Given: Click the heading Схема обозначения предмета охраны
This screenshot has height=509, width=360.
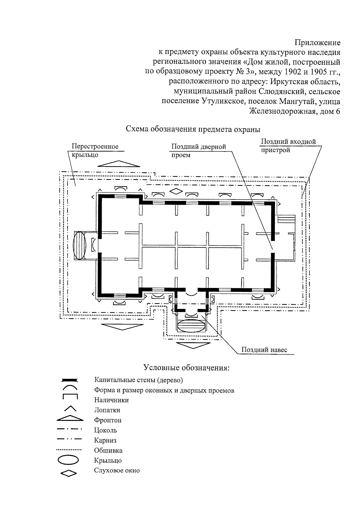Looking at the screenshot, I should click(193, 129).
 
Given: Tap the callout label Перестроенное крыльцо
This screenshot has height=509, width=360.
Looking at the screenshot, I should click(95, 150).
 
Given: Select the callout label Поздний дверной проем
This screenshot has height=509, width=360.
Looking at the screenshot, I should click(198, 151).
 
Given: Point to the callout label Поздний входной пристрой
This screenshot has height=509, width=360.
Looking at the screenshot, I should click(288, 145).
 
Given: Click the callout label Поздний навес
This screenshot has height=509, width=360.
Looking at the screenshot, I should click(264, 350).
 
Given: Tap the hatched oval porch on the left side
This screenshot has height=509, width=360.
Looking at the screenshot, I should click(79, 245).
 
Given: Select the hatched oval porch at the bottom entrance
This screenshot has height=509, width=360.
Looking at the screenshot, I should click(191, 325).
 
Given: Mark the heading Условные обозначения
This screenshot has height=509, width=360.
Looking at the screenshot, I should click(186, 368).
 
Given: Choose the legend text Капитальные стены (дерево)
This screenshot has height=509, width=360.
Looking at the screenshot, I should click(138, 380).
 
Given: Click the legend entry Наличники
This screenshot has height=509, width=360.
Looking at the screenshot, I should click(111, 400).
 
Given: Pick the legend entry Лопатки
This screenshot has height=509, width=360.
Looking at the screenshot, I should click(107, 410).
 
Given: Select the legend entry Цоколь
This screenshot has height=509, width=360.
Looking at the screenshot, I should click(105, 430).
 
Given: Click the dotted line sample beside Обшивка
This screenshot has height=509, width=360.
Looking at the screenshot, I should click(69, 450).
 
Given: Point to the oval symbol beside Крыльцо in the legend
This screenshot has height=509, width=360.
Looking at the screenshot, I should click(69, 460).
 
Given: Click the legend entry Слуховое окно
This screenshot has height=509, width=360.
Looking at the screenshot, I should click(117, 470).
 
